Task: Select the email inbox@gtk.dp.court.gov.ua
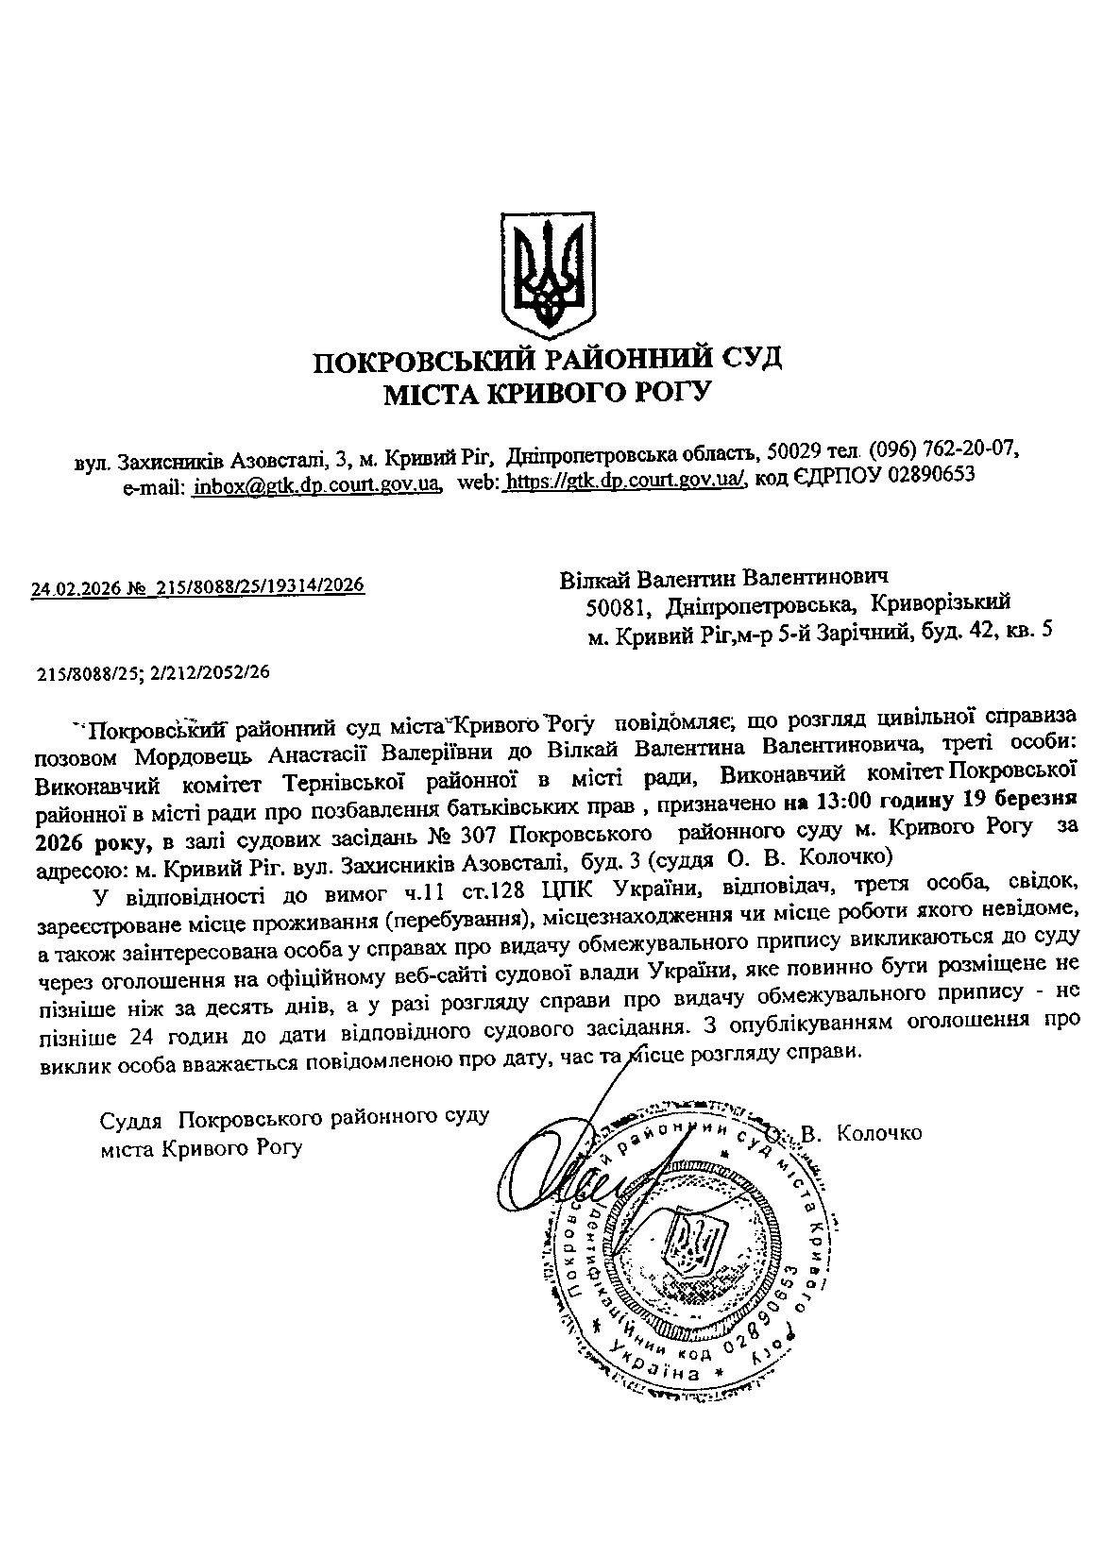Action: (318, 484)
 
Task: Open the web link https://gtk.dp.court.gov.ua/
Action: (627, 481)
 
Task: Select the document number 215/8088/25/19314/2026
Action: (260, 585)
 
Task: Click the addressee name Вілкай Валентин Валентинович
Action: (725, 577)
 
